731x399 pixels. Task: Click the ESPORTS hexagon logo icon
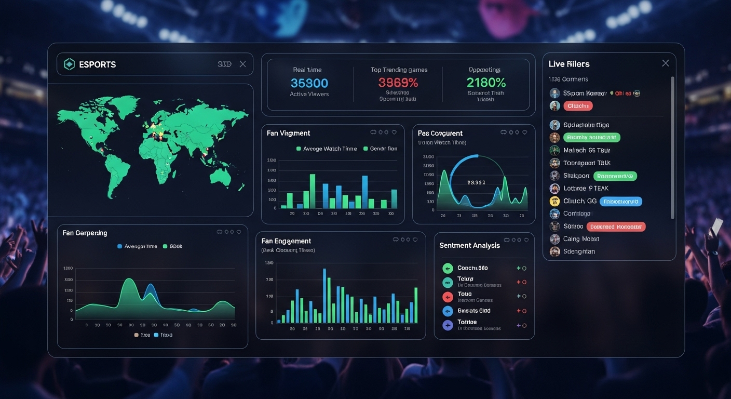point(69,64)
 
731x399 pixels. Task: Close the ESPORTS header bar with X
point(242,64)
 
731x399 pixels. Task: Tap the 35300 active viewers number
point(309,83)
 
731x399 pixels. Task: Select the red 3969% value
point(398,83)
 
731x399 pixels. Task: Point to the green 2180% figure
point(486,83)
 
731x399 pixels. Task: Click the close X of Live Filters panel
point(666,63)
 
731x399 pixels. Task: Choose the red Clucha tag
point(578,106)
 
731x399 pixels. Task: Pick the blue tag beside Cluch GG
point(620,202)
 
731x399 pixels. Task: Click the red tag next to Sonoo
point(616,227)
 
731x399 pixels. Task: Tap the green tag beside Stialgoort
point(615,176)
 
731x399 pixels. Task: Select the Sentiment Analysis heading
point(469,245)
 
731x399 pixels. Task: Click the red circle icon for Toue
point(448,297)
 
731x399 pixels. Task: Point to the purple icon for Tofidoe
point(448,325)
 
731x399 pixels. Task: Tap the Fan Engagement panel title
point(286,241)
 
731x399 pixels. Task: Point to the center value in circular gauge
point(476,182)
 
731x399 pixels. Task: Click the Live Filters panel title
point(569,64)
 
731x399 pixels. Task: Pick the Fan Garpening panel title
point(85,233)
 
